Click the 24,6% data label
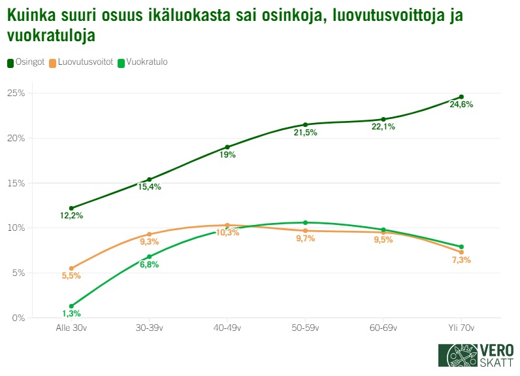461,105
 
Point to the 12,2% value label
71,216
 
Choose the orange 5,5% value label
71,275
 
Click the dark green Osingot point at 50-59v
305,124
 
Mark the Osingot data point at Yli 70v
461,97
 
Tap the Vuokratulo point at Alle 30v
71,306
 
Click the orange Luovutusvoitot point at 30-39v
149,234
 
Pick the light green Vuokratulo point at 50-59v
305,222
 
